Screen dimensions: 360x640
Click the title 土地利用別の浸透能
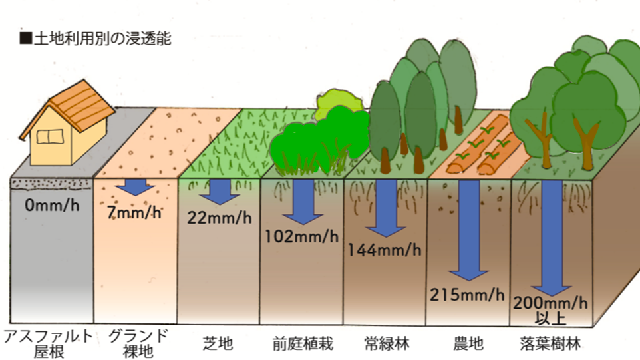coord(96,38)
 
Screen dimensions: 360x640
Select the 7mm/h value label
coord(134,213)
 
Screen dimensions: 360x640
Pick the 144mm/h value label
coord(384,250)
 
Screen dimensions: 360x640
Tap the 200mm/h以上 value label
coord(551,309)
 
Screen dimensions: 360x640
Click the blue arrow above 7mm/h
coord(136,186)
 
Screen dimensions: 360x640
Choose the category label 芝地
coord(218,344)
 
